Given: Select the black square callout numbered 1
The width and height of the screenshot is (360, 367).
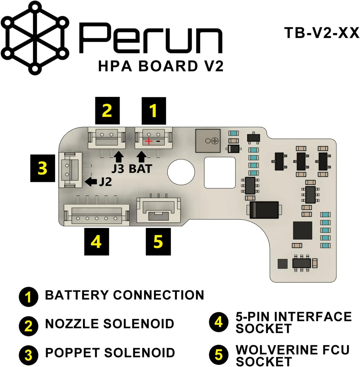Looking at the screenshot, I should click(153, 111).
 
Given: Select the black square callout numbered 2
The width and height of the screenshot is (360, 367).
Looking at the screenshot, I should click(107, 111).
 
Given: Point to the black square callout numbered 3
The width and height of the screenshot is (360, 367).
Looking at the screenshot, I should click(43, 168).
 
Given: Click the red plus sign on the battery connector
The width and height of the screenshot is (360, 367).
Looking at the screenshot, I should click(149, 142).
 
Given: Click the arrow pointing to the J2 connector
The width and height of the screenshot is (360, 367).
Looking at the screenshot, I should click(91, 182).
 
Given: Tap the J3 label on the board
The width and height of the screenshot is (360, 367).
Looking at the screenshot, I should click(119, 169).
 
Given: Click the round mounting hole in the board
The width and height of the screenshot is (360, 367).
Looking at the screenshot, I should click(181, 171).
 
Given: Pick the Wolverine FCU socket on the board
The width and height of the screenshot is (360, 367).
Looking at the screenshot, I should click(159, 210).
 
